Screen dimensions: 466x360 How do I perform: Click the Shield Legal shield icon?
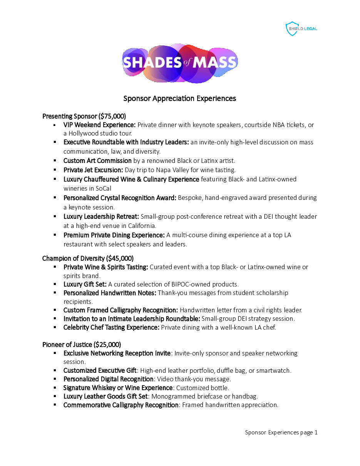292,29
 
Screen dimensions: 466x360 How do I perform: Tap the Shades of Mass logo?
180,63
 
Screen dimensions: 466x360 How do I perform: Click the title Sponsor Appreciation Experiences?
179,99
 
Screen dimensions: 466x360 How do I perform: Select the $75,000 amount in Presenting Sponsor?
112,116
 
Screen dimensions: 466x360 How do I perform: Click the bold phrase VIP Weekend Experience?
99,125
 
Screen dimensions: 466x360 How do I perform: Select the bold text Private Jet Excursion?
93,170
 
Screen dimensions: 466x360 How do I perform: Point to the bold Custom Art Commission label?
97,161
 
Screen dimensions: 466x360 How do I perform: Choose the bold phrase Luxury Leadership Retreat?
101,217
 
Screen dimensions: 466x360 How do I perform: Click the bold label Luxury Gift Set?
85,285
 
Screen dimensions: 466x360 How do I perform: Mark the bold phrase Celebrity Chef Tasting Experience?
111,328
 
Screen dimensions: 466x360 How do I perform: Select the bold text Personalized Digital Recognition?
109,379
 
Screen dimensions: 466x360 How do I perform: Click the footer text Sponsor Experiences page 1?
281,432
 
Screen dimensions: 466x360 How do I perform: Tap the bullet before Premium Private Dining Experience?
55,235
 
